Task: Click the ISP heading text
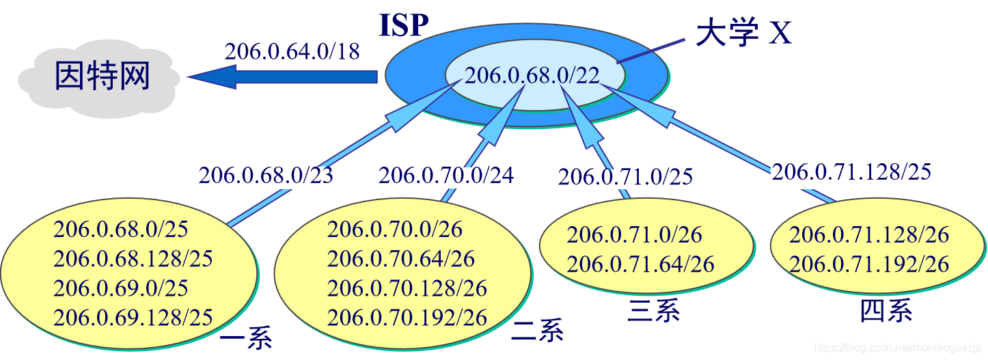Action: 404,25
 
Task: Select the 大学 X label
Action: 743,33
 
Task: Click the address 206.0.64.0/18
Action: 292,51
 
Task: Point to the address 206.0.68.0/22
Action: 532,75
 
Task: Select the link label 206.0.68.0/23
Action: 266,176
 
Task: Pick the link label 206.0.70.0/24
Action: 445,176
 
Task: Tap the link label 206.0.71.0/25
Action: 625,177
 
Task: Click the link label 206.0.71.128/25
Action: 851,171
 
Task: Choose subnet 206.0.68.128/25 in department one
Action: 133,259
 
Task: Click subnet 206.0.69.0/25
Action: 121,288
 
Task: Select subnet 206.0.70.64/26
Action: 400,259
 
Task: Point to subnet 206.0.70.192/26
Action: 407,318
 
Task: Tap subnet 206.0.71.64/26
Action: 640,264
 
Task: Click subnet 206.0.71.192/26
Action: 869,264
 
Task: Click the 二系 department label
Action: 538,331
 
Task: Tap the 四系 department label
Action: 886,311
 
